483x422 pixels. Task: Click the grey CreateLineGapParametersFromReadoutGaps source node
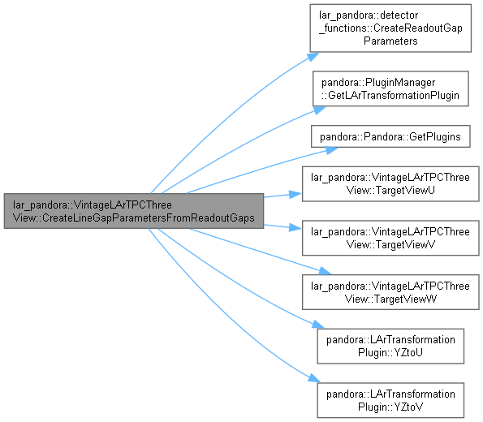click(x=134, y=211)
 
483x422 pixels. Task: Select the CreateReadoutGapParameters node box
click(x=390, y=28)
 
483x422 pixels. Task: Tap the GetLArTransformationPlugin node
click(x=390, y=88)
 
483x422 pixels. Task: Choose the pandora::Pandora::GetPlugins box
click(x=390, y=136)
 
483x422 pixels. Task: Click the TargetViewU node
click(x=390, y=184)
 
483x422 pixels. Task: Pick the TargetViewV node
click(x=390, y=238)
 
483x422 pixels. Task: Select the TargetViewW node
click(x=390, y=292)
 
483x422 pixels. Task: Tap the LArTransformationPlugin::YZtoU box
click(x=390, y=347)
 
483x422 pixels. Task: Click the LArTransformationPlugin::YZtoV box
click(x=390, y=400)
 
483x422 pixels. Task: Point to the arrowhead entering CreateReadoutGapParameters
click(x=313, y=57)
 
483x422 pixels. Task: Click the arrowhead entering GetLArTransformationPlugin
click(x=319, y=110)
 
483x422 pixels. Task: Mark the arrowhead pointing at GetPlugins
click(x=331, y=150)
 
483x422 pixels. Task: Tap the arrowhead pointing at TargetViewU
click(x=295, y=194)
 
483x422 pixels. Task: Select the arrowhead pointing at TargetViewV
click(x=295, y=228)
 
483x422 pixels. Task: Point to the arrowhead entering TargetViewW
click(x=325, y=271)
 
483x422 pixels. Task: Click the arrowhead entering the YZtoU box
click(x=318, y=325)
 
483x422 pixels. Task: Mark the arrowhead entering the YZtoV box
click(x=315, y=378)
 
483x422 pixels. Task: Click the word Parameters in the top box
click(x=390, y=41)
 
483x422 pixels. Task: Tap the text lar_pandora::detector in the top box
click(x=369, y=15)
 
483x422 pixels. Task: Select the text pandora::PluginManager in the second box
click(x=378, y=83)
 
